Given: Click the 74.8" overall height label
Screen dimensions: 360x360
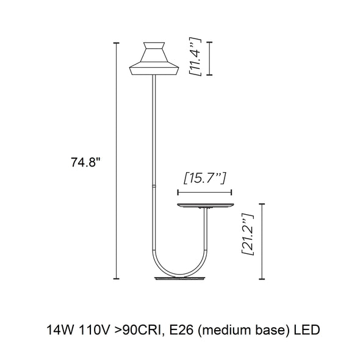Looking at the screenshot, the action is click(85, 162).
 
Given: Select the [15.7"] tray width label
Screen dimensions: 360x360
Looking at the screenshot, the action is click(205, 178).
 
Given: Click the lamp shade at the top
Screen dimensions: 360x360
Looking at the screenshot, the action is click(154, 59).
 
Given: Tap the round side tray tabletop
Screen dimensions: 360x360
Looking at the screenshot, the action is click(206, 205).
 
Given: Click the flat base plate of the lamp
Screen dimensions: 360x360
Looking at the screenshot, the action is click(179, 278).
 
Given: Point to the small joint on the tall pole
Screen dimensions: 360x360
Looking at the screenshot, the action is click(154, 186).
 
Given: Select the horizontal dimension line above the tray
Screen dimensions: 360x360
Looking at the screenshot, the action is click(204, 192).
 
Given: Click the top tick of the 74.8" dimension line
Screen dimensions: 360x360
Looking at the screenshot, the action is click(117, 43).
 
